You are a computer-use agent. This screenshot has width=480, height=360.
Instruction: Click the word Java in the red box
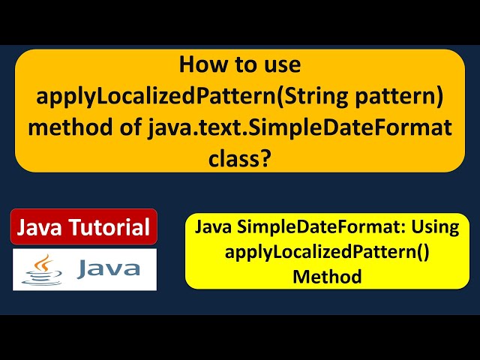40,227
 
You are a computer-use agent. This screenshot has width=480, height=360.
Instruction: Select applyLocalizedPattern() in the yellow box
327,252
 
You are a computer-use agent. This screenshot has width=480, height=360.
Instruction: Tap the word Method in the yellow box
327,276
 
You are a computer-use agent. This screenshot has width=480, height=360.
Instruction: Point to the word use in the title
282,64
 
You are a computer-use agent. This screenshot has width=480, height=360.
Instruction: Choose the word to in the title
241,64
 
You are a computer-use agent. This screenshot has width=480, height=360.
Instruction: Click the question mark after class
265,157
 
